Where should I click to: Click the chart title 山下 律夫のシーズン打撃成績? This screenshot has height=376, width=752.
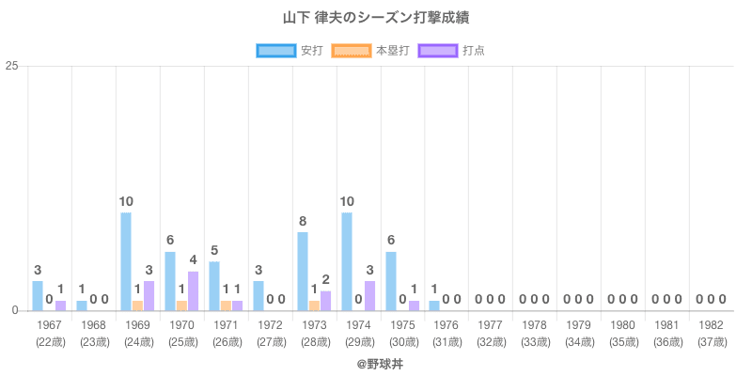(376, 18)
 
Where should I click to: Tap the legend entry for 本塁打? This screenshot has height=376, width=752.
(371, 50)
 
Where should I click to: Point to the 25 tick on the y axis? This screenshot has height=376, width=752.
(12, 66)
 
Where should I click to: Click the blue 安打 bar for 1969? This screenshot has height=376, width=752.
(126, 261)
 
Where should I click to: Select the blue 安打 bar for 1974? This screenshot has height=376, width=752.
(347, 261)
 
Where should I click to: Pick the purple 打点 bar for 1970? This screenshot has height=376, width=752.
(193, 290)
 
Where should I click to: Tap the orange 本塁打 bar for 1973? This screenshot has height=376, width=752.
(314, 305)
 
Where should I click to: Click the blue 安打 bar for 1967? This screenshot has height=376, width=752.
(38, 295)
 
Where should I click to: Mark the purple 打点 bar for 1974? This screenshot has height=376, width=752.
(369, 295)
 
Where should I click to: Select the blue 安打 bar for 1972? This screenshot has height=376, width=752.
(258, 295)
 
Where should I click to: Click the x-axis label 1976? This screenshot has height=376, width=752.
(446, 325)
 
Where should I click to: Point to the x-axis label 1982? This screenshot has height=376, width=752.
(712, 325)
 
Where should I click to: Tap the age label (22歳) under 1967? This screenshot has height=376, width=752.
(49, 342)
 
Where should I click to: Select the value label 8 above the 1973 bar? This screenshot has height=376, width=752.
(303, 222)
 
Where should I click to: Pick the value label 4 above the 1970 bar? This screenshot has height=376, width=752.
(193, 260)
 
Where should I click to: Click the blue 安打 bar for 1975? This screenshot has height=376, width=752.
(391, 281)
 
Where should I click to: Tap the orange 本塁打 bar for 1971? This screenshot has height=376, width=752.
(226, 305)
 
